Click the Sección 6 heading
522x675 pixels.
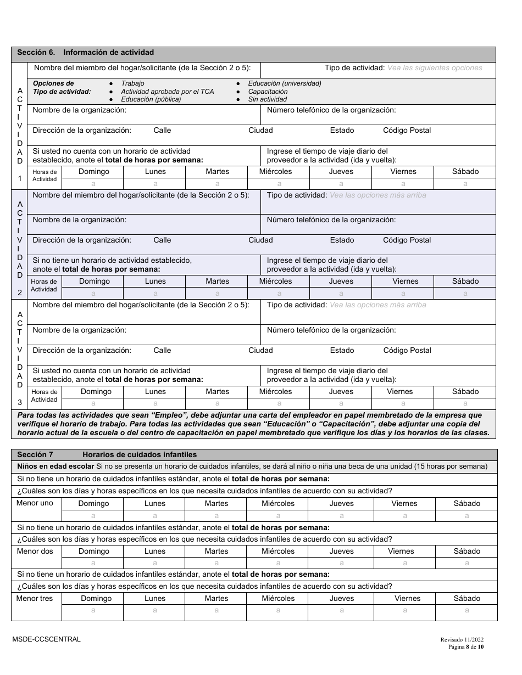coord(85,53)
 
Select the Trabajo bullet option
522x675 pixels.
coord(132,83)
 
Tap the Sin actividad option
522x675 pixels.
coord(267,99)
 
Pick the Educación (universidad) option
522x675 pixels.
coord(285,83)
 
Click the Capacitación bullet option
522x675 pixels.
coord(268,92)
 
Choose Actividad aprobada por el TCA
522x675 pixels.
coord(167,92)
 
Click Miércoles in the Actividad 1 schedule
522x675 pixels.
coord(275,171)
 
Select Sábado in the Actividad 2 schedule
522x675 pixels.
coord(465,281)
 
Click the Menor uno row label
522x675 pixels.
coord(35,503)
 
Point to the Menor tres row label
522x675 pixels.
coord(35,598)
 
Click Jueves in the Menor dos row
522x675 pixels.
coord(341,551)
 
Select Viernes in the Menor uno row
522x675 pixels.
coord(404,503)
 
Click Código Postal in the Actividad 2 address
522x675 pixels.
coord(407,240)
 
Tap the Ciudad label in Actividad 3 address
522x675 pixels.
coord(260,350)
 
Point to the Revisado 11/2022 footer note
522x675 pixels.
coord(462,639)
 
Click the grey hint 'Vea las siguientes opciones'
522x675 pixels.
coord(435,68)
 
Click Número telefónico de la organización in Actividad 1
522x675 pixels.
coord(331,110)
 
